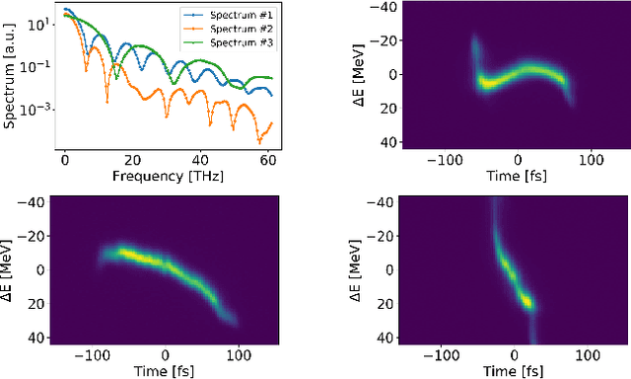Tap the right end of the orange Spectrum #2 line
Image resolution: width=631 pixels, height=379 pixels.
(x=272, y=121)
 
